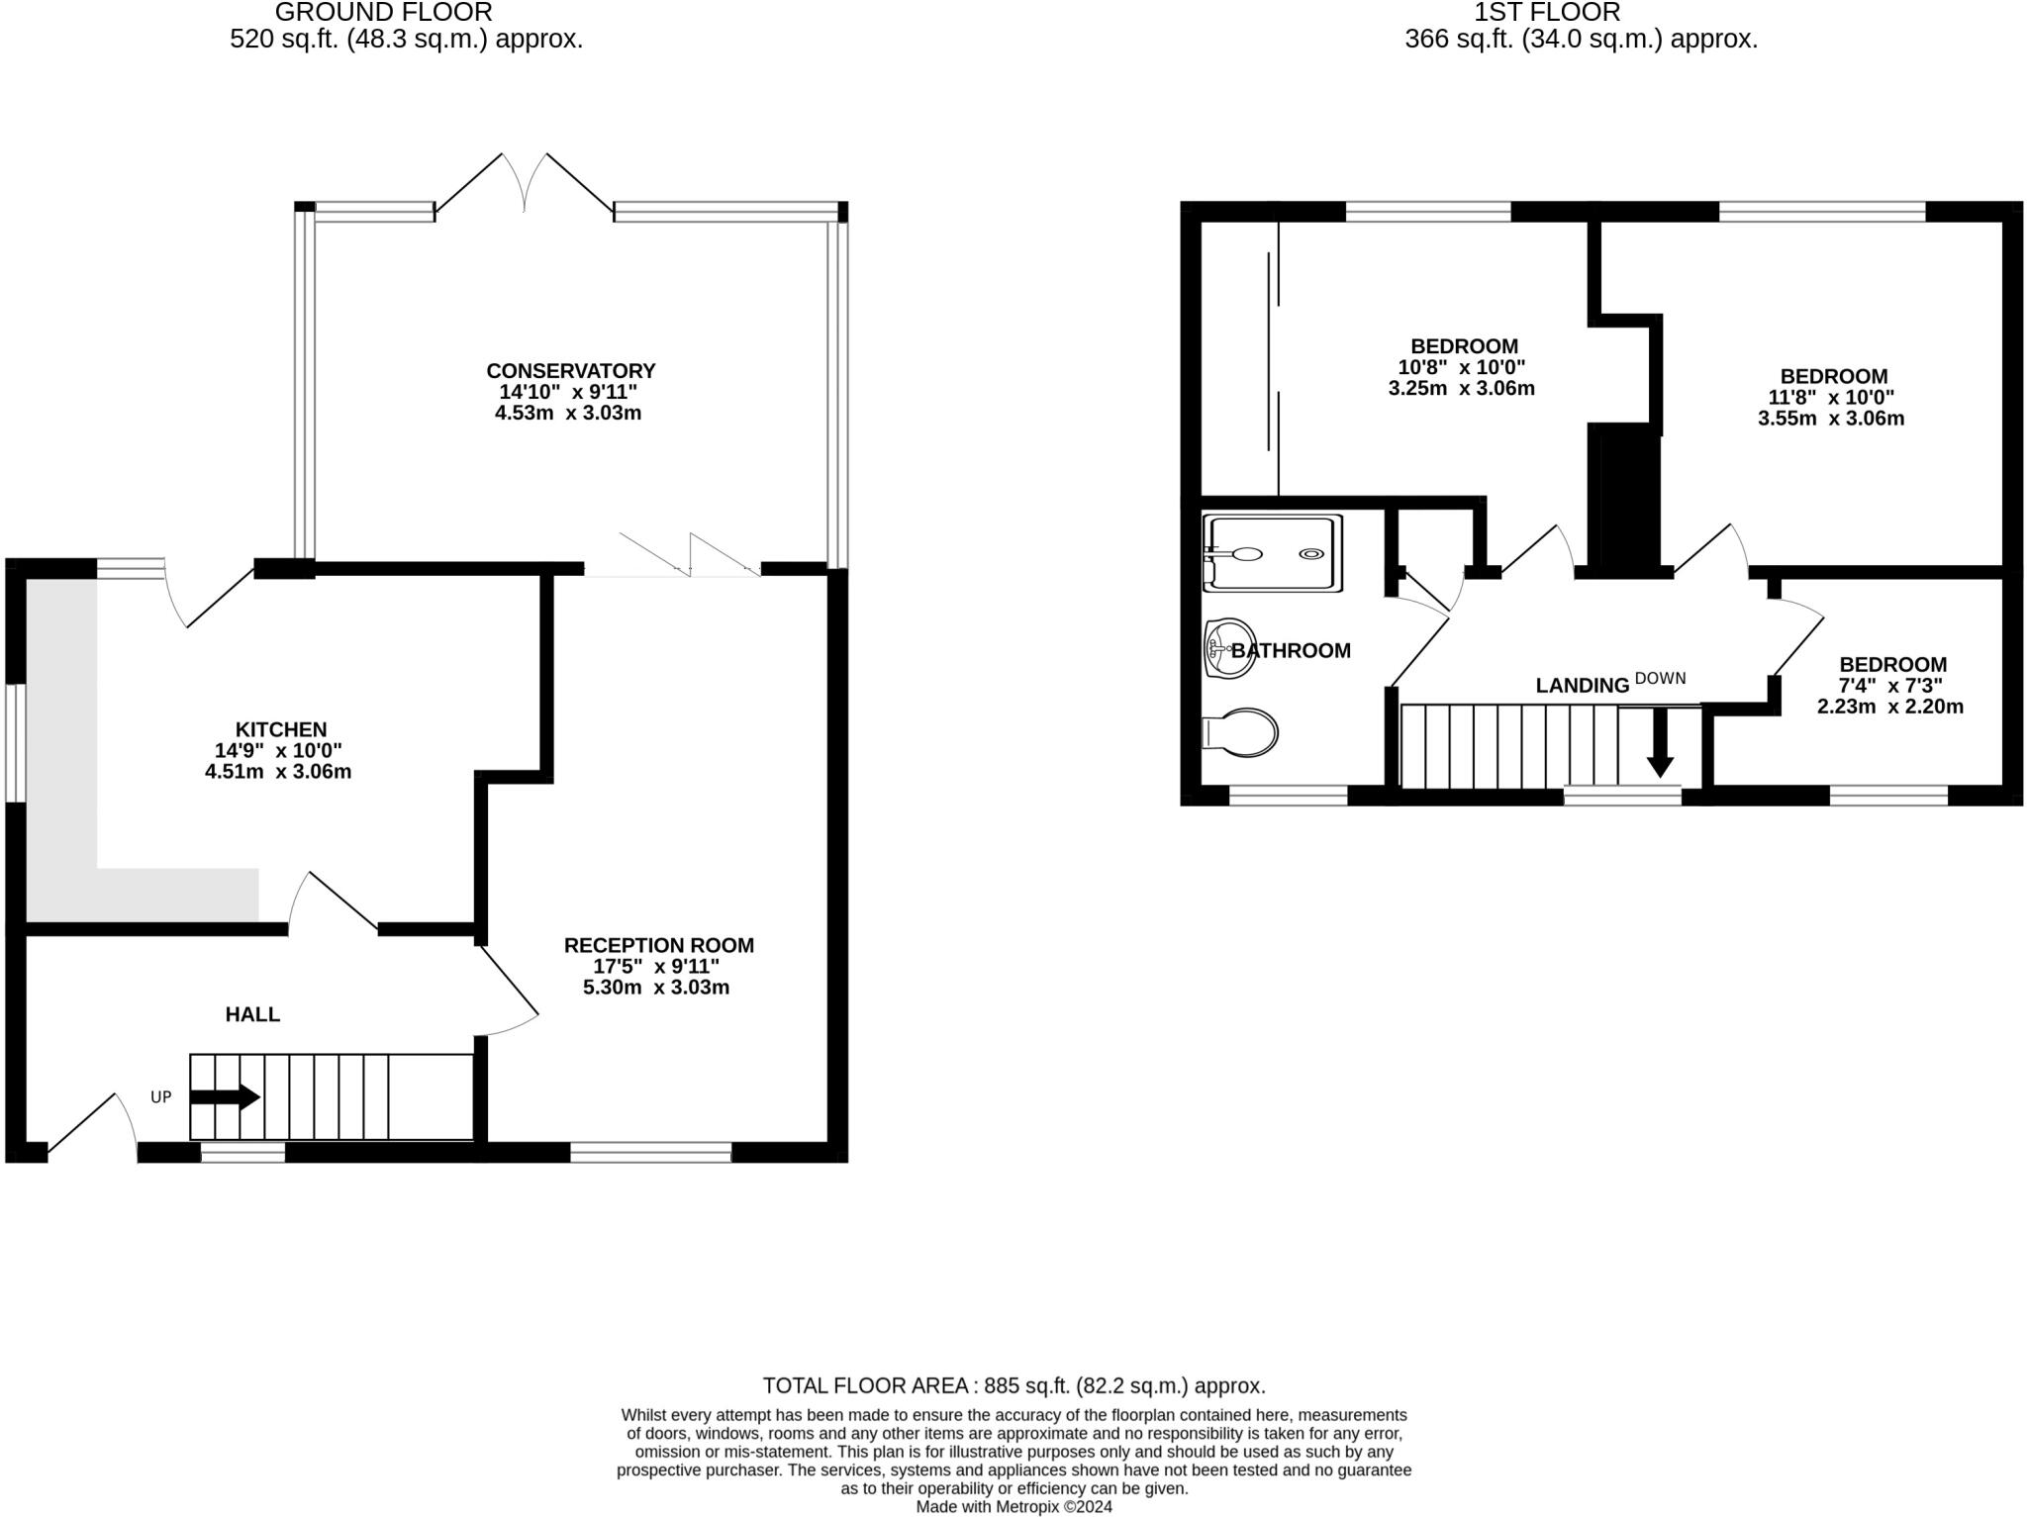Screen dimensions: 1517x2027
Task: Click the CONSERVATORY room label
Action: coord(570,371)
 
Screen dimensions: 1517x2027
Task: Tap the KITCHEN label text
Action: coord(280,729)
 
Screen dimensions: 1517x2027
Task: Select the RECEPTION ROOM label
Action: coord(658,945)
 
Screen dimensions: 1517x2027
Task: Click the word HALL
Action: coord(252,1014)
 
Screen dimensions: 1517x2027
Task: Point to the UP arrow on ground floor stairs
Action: coord(226,1096)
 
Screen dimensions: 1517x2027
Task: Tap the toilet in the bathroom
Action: coord(1241,733)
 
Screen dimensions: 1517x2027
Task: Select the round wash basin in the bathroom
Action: coord(1230,649)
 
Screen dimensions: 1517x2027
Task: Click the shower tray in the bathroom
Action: coord(1273,553)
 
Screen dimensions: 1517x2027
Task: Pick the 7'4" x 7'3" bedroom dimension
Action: coord(1890,686)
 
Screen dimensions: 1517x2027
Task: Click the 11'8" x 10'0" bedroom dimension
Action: coord(1831,398)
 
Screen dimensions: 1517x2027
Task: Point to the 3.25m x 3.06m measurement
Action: coord(1461,388)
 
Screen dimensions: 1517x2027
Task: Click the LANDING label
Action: coord(1582,686)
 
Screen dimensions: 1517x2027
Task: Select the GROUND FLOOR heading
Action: coord(383,13)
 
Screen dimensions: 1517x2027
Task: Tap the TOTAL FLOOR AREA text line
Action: coord(1013,1385)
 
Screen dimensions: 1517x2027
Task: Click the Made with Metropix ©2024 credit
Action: coord(1013,1507)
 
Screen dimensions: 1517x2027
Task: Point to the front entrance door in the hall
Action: coord(91,1128)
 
